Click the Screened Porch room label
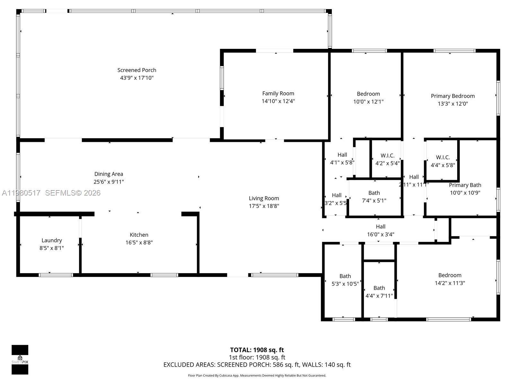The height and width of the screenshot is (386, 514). [x=137, y=70]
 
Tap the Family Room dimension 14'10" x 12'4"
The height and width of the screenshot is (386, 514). [x=278, y=101]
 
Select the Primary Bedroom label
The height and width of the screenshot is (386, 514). [x=453, y=96]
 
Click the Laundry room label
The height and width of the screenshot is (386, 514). [x=51, y=240]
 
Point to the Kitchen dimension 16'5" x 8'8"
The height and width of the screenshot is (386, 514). [x=139, y=243]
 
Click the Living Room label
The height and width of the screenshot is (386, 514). [x=264, y=198]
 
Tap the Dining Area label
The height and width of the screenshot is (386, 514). [x=109, y=174]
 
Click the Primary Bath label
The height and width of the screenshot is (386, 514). [x=465, y=185]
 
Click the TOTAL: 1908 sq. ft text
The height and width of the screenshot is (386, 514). [x=257, y=350]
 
